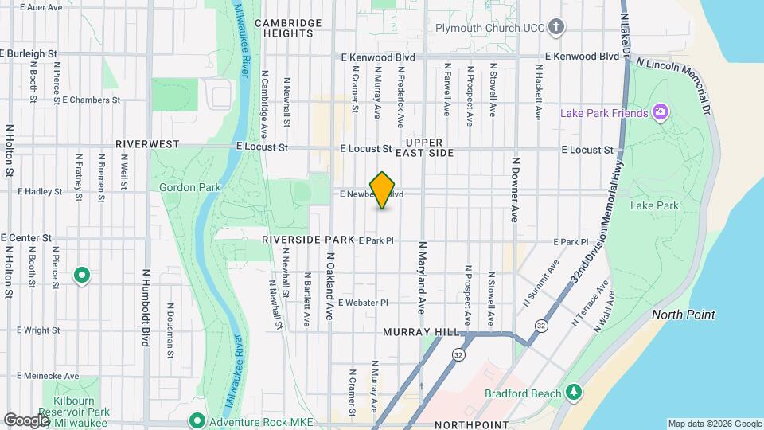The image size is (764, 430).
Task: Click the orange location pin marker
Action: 383,190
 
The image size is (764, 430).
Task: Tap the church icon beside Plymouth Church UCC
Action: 556,28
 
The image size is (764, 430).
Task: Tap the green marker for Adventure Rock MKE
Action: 197,420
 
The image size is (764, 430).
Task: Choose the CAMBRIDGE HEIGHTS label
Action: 287,28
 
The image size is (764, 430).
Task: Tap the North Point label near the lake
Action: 684,315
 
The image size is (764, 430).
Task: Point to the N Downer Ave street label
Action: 515,190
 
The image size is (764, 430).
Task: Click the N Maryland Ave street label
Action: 422,276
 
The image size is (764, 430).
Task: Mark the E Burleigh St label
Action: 29,53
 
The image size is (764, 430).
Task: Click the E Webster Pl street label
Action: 362,303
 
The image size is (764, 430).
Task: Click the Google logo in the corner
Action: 26,420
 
